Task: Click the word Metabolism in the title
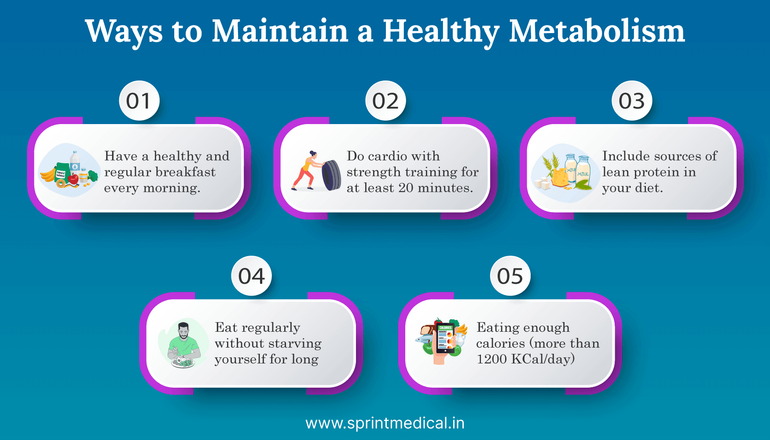click(597, 32)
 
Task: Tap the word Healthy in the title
click(441, 32)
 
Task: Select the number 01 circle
click(139, 101)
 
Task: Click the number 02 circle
click(385, 101)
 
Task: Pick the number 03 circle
click(632, 101)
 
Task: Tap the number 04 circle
click(251, 276)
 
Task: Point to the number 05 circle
click(510, 276)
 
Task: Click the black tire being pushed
click(331, 175)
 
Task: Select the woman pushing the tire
click(307, 171)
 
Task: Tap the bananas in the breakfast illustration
click(48, 175)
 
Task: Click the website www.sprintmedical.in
click(385, 423)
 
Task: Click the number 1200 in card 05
click(491, 359)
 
